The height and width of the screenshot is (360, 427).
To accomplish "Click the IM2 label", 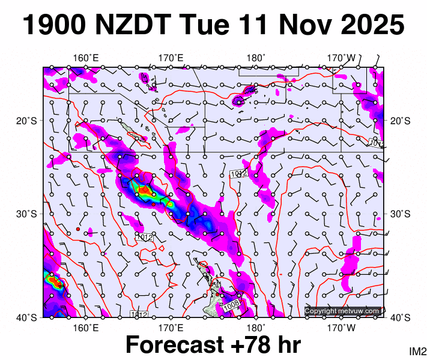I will pos(417,351).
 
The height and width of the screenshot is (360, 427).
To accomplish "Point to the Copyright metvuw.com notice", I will pos(342,311).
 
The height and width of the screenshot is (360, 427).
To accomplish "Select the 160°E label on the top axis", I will pos(86,58).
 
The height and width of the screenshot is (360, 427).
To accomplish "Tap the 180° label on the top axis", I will pos(256,58).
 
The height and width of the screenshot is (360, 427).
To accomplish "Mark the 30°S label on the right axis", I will pos(399,214).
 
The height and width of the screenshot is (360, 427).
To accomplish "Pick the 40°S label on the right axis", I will pos(399,317).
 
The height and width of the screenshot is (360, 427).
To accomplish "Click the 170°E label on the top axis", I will pos(171,58).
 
